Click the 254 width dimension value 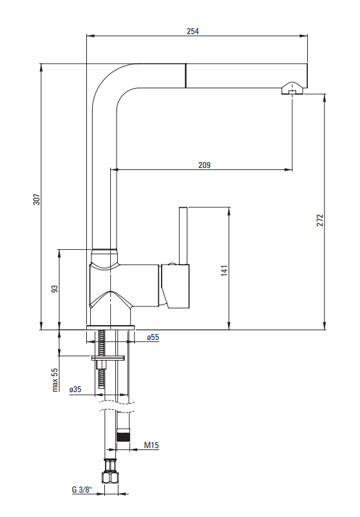click(x=193, y=32)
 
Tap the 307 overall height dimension click(x=37, y=199)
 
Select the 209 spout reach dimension click(x=204, y=165)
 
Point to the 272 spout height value click(x=320, y=220)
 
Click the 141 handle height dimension click(x=225, y=270)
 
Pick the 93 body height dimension click(x=55, y=288)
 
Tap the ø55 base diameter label click(x=153, y=337)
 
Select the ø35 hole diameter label click(x=75, y=390)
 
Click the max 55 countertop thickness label click(x=55, y=379)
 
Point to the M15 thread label click(x=151, y=446)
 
